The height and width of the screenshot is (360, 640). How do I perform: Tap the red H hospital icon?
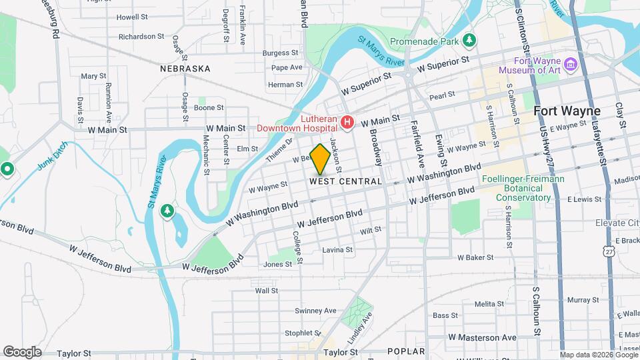(347, 122)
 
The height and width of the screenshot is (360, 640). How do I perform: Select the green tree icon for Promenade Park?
(470, 41)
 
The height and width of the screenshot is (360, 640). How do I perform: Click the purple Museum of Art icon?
(570, 64)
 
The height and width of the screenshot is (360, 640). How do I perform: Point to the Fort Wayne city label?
(567, 111)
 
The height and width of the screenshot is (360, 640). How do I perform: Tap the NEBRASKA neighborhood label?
(185, 69)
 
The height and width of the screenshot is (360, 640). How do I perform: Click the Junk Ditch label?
(54, 157)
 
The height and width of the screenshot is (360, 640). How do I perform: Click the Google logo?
(22, 351)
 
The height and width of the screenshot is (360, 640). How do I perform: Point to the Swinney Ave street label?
(316, 311)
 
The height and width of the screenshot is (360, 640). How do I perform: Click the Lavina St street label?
(337, 250)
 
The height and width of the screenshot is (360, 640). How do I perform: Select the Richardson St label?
(141, 37)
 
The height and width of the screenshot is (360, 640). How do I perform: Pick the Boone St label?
(209, 107)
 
